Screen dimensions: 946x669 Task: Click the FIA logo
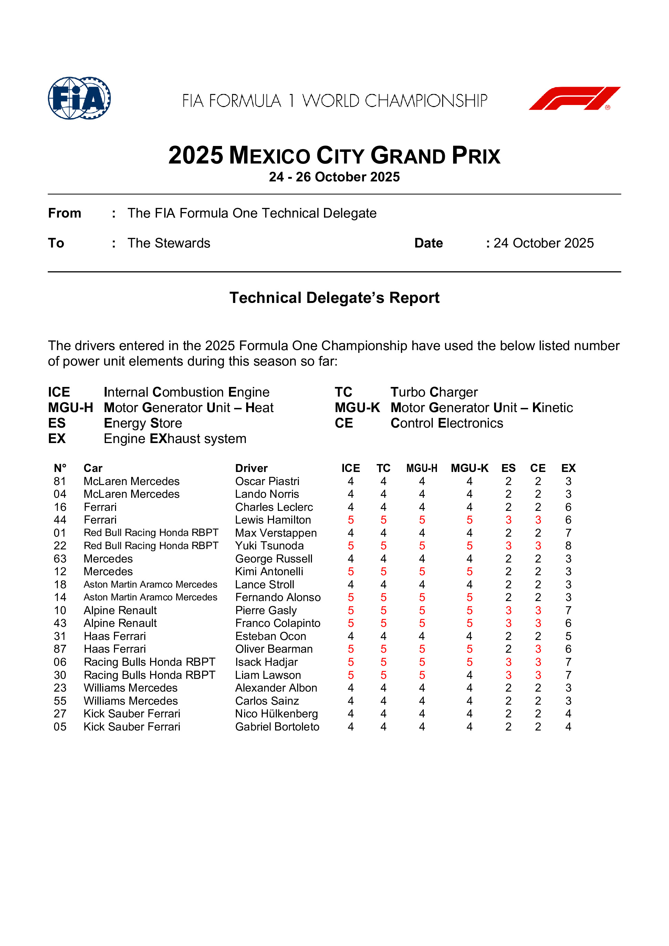click(79, 98)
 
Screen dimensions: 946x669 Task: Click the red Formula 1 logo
click(574, 98)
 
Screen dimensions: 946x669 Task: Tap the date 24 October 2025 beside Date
click(543, 243)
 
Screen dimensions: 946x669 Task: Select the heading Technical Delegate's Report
click(334, 297)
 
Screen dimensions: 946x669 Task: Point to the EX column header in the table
click(568, 468)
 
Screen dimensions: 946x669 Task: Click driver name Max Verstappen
click(276, 533)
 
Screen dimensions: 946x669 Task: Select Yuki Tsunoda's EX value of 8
click(568, 546)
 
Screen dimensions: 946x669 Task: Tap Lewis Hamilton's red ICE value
click(351, 520)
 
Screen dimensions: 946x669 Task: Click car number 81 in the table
click(60, 481)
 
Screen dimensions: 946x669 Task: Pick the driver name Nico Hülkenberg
click(276, 714)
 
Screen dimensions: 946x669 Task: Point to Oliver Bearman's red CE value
click(538, 649)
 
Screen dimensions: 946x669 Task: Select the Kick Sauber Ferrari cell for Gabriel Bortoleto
click(132, 727)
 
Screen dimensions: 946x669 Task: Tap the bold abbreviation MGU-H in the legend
click(71, 408)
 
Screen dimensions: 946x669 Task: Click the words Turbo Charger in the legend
click(434, 392)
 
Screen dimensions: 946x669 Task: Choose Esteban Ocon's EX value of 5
click(568, 636)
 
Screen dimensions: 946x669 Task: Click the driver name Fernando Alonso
click(278, 597)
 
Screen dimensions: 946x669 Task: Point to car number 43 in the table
click(60, 623)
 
